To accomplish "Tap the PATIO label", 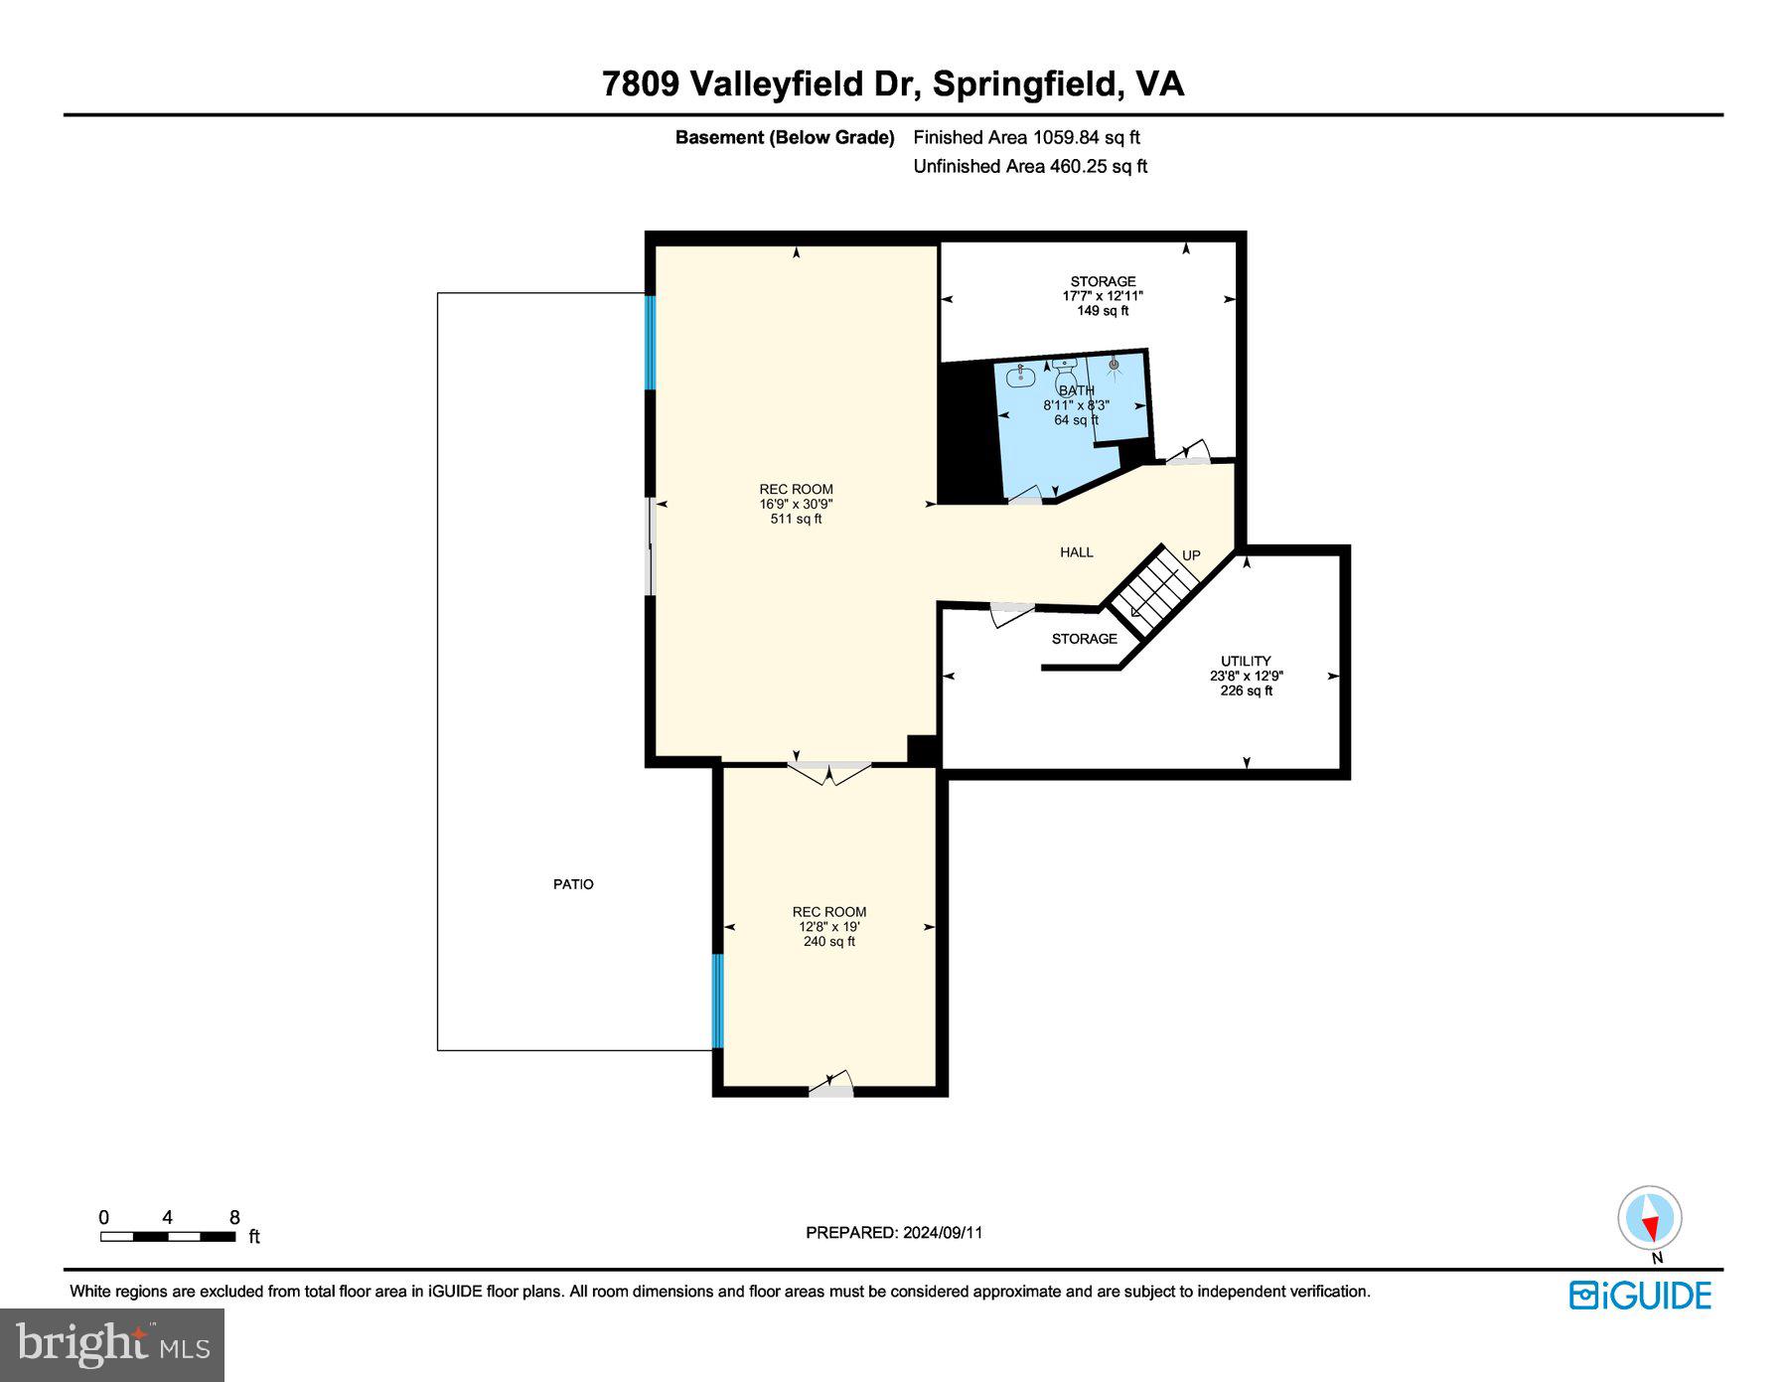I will click(573, 884).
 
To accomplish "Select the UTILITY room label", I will click(1246, 661).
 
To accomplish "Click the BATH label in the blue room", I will click(1076, 390).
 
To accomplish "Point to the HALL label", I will click(1076, 552).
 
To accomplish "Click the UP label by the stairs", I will click(1191, 555).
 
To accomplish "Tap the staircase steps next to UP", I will click(1152, 590).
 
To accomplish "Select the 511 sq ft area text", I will click(796, 519).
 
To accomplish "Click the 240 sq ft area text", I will click(828, 941).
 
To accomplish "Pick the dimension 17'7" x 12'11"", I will click(1103, 296).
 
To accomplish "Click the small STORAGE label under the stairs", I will click(1084, 639).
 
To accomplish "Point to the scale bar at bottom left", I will click(168, 1236).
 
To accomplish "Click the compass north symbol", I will click(1650, 1218).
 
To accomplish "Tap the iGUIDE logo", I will click(1640, 1296).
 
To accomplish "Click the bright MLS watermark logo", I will click(112, 1344).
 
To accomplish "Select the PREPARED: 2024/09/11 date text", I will click(894, 1232).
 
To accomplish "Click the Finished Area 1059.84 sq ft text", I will click(1026, 137).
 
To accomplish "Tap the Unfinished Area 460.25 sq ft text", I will click(1030, 166).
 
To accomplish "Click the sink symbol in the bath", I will click(1018, 377).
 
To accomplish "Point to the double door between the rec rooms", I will click(829, 770).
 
